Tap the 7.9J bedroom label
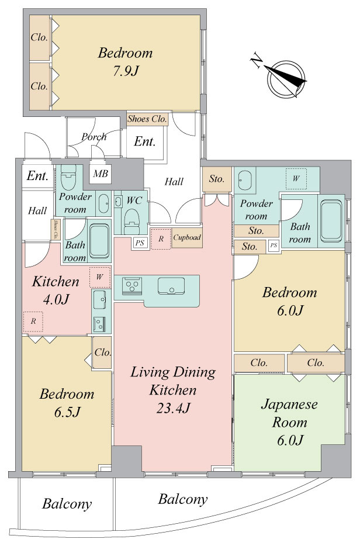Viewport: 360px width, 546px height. (x=125, y=61)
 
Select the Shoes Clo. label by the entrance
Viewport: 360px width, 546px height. (x=147, y=119)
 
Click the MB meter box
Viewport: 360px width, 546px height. (x=101, y=173)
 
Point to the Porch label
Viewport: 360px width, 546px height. (x=94, y=137)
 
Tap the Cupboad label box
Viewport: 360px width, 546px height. (x=188, y=238)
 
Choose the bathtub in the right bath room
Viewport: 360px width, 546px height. (x=331, y=221)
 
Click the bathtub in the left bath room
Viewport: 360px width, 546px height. (x=99, y=241)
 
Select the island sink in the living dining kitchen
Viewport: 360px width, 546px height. (x=171, y=286)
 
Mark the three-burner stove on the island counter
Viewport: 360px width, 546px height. (x=132, y=286)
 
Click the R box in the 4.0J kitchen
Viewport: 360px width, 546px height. (x=33, y=322)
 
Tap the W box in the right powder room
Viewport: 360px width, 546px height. (x=296, y=179)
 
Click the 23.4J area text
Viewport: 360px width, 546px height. (x=173, y=408)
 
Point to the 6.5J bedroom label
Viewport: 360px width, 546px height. (x=67, y=403)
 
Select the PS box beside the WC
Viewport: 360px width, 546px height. (x=140, y=243)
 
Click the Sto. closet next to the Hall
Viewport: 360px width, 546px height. (x=217, y=179)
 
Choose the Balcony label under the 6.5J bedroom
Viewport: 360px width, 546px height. (x=67, y=503)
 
